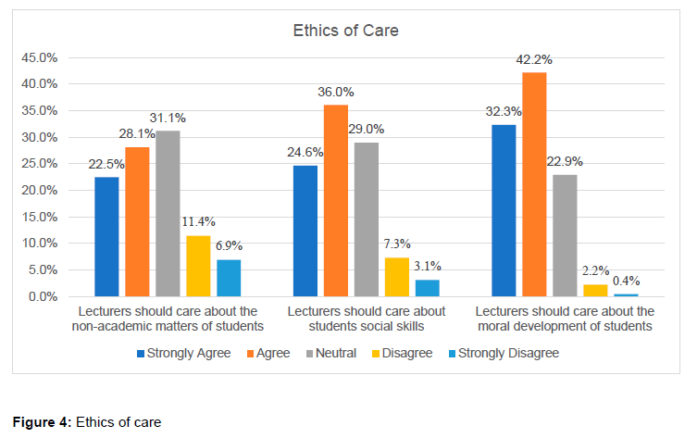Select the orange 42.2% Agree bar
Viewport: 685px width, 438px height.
point(534,184)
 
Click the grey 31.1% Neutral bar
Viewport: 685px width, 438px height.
point(168,214)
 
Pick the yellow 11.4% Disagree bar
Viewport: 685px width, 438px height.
point(198,266)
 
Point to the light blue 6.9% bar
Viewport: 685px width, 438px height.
point(229,278)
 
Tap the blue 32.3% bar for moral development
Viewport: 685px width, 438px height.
point(504,210)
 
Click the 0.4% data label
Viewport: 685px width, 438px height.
point(626,281)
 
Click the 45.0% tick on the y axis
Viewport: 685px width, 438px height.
point(40,57)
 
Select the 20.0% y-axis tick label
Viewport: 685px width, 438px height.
point(40,190)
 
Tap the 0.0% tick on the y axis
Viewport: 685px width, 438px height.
point(43,296)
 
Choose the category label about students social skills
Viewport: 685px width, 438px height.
point(366,318)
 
